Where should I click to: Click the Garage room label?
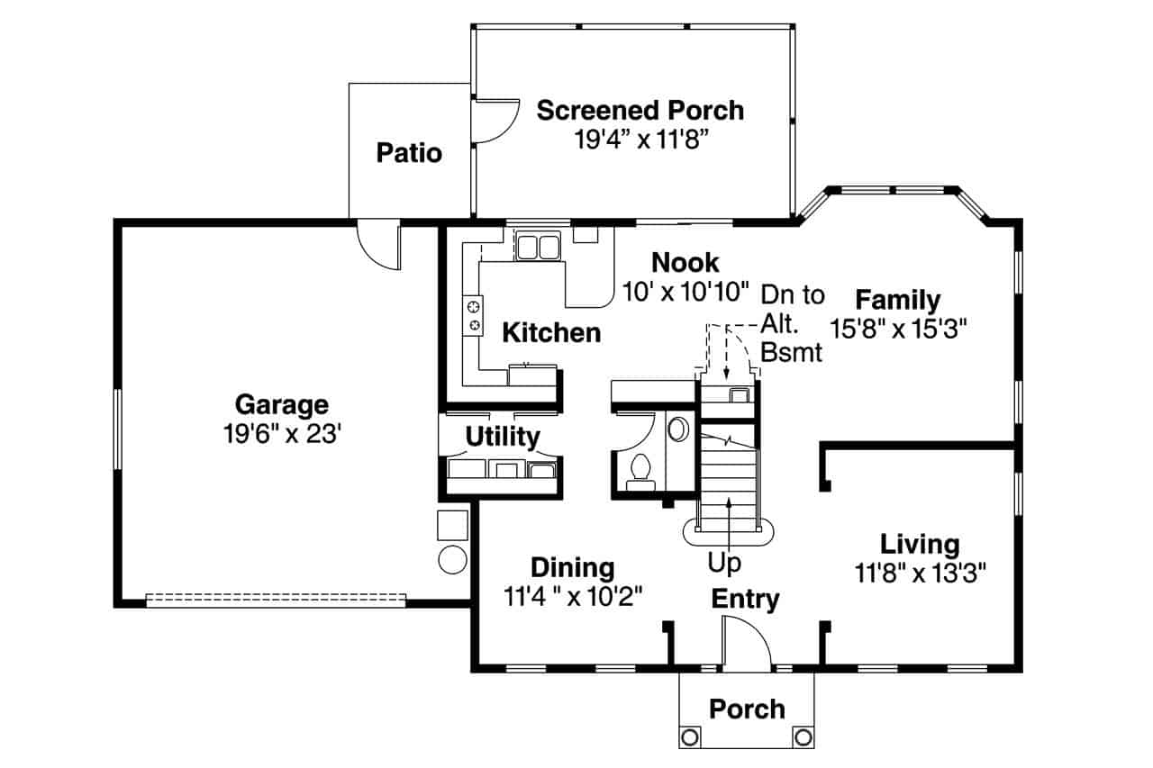tap(281, 404)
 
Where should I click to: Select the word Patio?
tap(409, 153)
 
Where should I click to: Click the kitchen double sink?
tap(538, 246)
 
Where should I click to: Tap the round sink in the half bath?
tap(677, 429)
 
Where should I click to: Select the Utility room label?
tap(502, 437)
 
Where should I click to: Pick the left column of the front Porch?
tap(690, 736)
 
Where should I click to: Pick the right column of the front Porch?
tap(803, 736)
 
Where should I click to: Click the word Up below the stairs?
tap(724, 564)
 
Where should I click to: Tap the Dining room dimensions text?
tap(572, 595)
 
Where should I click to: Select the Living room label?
tap(919, 544)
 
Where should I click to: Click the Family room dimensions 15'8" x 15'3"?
tap(897, 328)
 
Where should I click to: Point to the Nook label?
tap(685, 263)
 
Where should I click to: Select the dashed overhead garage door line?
tap(276, 599)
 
